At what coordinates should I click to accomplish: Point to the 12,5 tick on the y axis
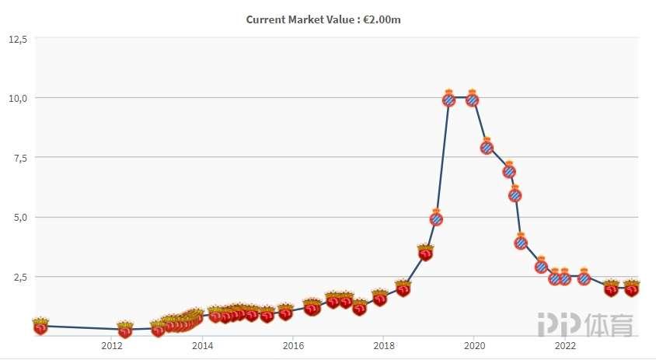[x=18, y=38]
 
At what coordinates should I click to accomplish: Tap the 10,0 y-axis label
[x=18, y=98]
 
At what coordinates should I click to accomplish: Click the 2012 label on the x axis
[x=112, y=346]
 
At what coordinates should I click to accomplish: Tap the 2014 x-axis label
[x=202, y=346]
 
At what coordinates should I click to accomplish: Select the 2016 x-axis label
[x=292, y=346]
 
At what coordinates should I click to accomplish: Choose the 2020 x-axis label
[x=474, y=346]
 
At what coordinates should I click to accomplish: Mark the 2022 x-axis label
[x=565, y=346]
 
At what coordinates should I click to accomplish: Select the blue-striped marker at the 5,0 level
[x=436, y=218]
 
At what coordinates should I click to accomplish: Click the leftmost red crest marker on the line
[x=40, y=327]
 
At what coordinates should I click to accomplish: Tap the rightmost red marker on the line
[x=632, y=289]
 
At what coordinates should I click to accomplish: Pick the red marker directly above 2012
[x=124, y=330]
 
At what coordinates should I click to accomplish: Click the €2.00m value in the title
[x=380, y=19]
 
